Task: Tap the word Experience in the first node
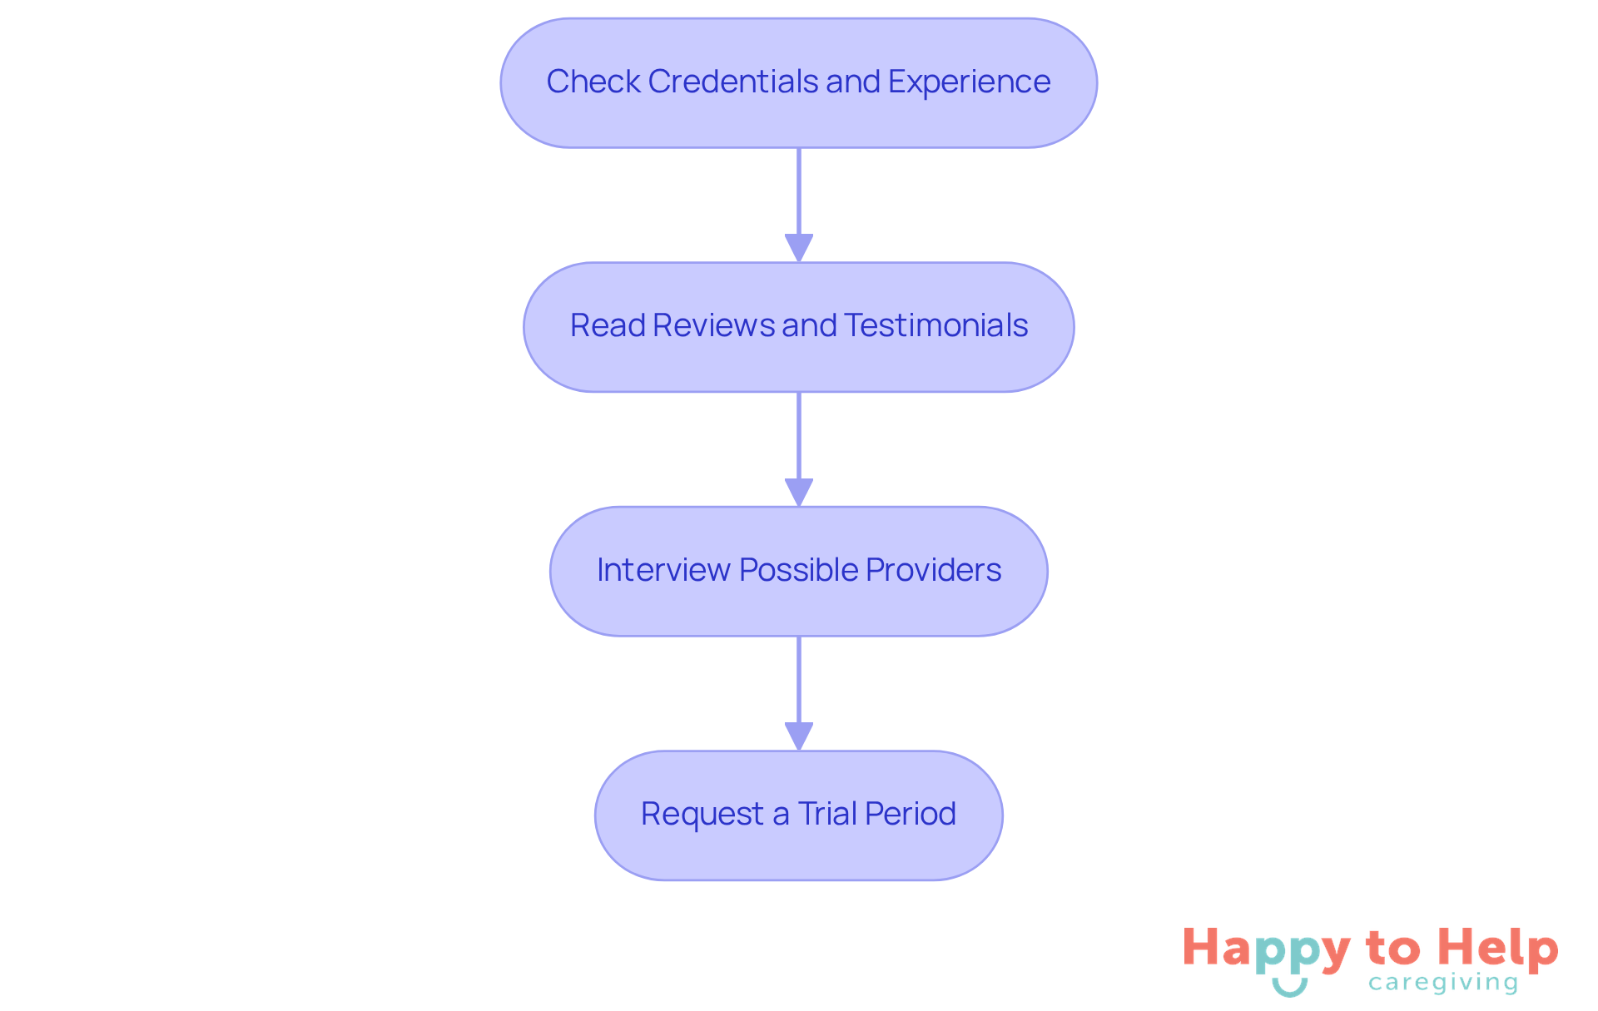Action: tap(969, 82)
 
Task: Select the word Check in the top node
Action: tap(593, 82)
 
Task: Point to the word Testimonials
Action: tap(936, 325)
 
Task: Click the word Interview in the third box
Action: tap(663, 570)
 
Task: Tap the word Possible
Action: tap(798, 570)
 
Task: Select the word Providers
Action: tap(933, 570)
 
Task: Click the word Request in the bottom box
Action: tap(702, 814)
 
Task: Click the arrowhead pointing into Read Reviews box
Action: tap(799, 248)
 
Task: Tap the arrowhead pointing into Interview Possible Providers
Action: tap(799, 492)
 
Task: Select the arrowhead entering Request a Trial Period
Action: tap(799, 736)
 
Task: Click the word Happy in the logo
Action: tap(1266, 949)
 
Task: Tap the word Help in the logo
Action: tap(1498, 948)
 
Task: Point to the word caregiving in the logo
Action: tap(1443, 983)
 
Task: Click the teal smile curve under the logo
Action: tap(1289, 989)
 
